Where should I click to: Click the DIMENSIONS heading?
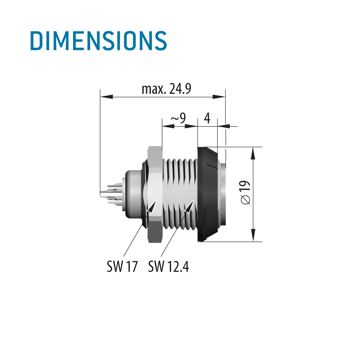pyautogui.click(x=99, y=41)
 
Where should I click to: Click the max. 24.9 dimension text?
pyautogui.click(x=166, y=89)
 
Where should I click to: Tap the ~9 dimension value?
pyautogui.click(x=178, y=118)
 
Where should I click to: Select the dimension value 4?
pyautogui.click(x=207, y=118)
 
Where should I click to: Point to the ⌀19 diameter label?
pyautogui.click(x=246, y=192)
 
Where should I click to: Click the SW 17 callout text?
pyautogui.click(x=122, y=266)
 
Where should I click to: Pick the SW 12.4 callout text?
pyautogui.click(x=168, y=266)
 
